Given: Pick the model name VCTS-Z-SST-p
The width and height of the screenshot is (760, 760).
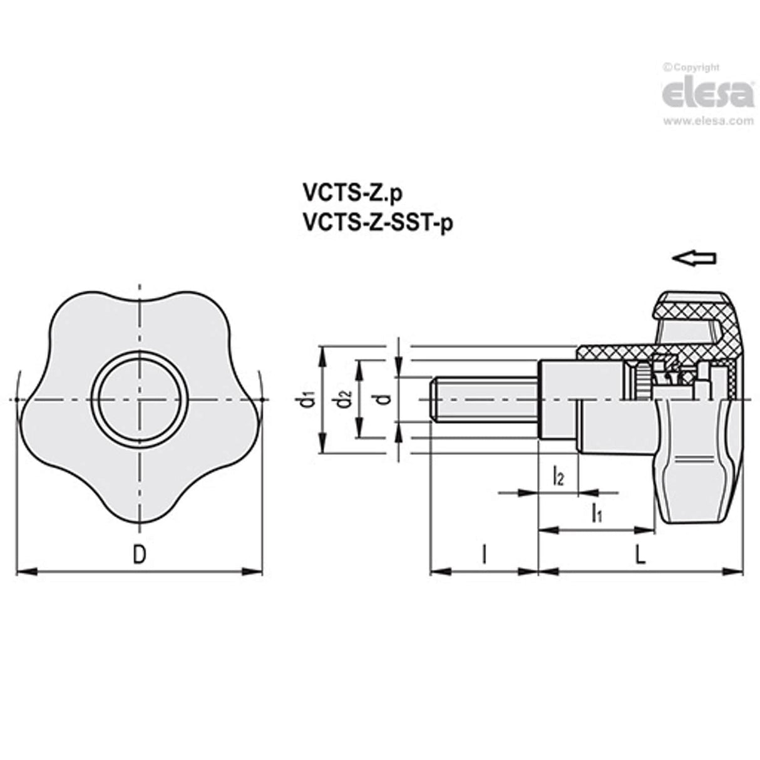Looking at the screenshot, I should (376, 222).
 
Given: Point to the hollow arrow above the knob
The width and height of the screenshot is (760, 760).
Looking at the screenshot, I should (694, 258).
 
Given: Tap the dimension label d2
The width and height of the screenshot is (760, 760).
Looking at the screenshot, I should (341, 398).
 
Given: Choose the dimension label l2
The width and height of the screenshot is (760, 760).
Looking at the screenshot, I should (558, 478).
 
